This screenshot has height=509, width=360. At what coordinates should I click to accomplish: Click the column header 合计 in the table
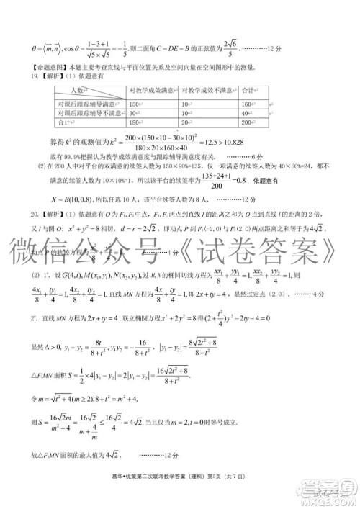(249, 91)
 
